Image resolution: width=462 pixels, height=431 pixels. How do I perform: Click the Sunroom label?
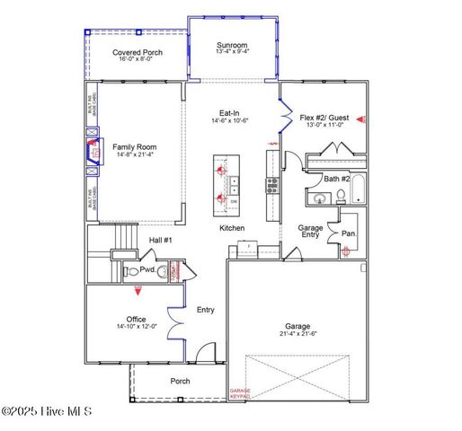[232, 46]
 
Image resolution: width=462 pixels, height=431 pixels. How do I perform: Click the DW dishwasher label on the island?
[235, 202]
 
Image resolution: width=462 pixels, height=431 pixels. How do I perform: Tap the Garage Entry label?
[311, 232]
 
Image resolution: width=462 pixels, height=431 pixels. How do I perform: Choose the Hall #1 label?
[160, 240]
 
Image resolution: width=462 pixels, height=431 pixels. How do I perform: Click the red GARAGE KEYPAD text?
[240, 393]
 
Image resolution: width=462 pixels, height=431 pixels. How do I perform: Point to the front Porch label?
[181, 381]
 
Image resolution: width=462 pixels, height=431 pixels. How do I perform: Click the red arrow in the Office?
[138, 290]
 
